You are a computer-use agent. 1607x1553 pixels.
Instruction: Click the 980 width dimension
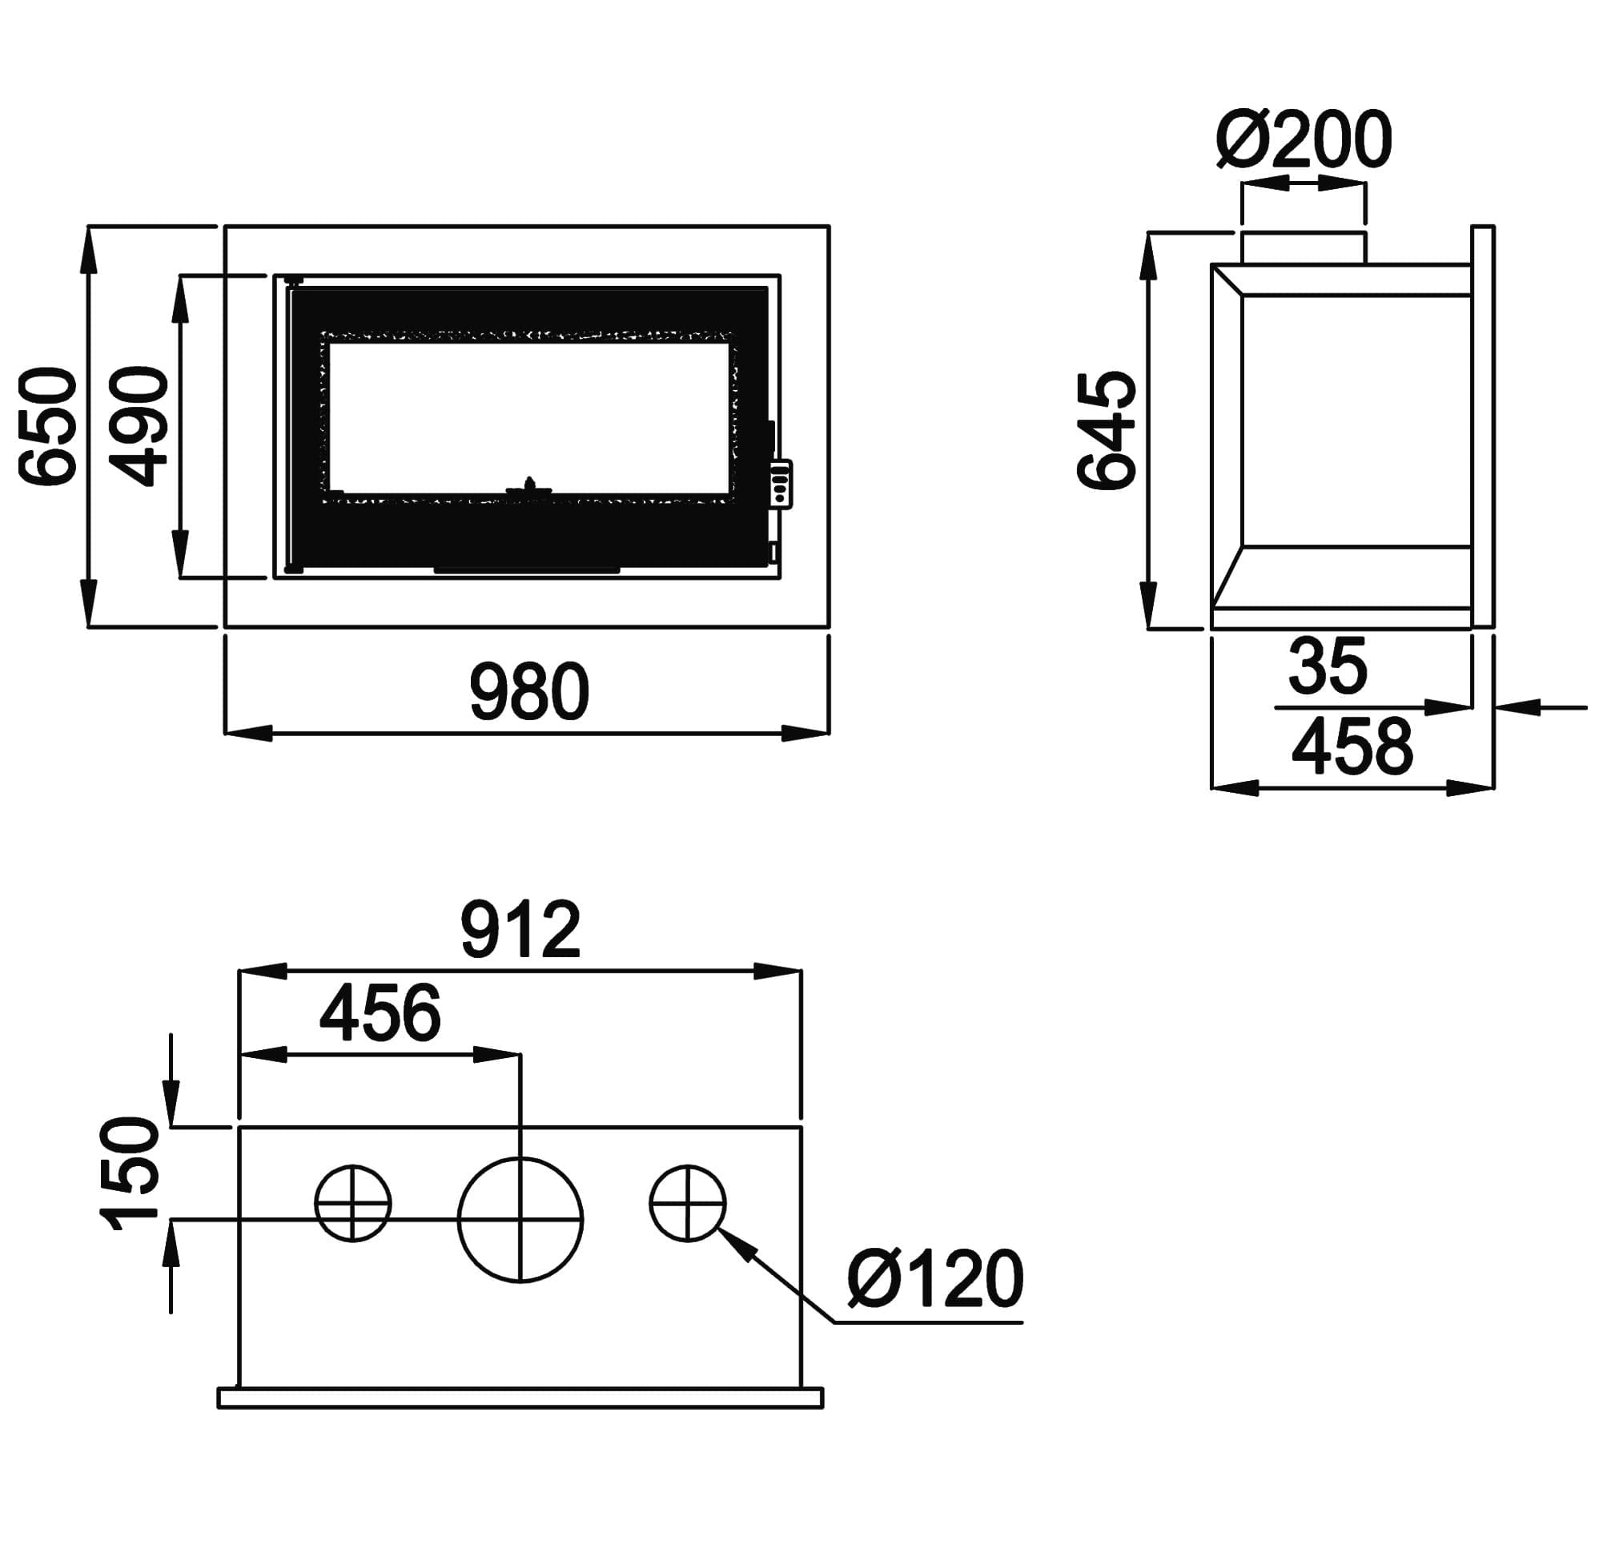[x=528, y=692]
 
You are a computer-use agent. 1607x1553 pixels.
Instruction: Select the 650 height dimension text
[x=47, y=426]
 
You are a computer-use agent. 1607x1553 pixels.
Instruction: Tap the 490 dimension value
[x=138, y=426]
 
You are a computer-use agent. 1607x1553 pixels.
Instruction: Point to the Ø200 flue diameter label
[x=1304, y=139]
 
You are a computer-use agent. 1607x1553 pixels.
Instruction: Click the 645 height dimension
[x=1106, y=431]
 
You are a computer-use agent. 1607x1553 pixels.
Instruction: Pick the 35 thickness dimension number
[x=1328, y=666]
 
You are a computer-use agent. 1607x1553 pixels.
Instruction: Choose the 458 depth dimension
[x=1353, y=746]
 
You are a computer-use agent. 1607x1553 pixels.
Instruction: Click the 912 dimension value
[x=520, y=929]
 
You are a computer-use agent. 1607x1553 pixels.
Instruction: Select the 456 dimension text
[x=380, y=1013]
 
